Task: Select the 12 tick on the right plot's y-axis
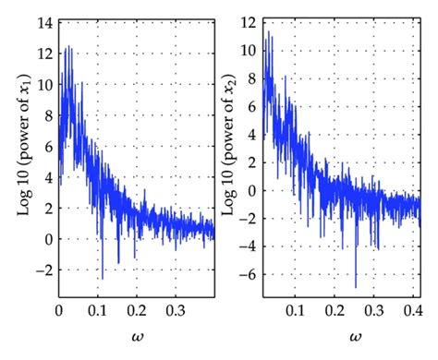(249, 20)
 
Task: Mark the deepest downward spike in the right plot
(356, 286)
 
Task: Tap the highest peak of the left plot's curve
(67, 46)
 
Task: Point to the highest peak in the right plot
(269, 31)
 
